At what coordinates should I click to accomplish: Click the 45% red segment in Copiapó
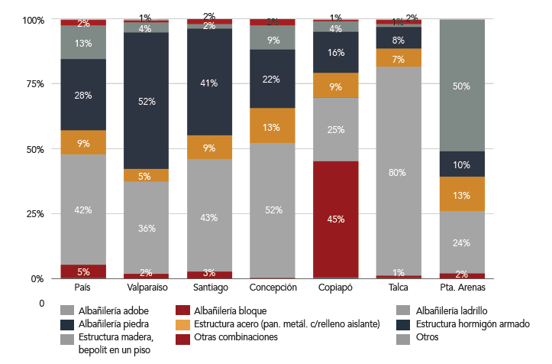(336, 219)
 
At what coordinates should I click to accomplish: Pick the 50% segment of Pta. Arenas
(462, 86)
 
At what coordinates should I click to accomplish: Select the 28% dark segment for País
(82, 95)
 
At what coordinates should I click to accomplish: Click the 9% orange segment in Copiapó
(336, 86)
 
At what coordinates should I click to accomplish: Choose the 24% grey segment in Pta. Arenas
(462, 242)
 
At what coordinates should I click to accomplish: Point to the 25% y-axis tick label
(35, 213)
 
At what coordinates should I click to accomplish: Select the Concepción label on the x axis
(272, 288)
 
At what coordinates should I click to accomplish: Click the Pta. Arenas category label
(462, 288)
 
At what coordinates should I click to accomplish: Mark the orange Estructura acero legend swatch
(182, 324)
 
